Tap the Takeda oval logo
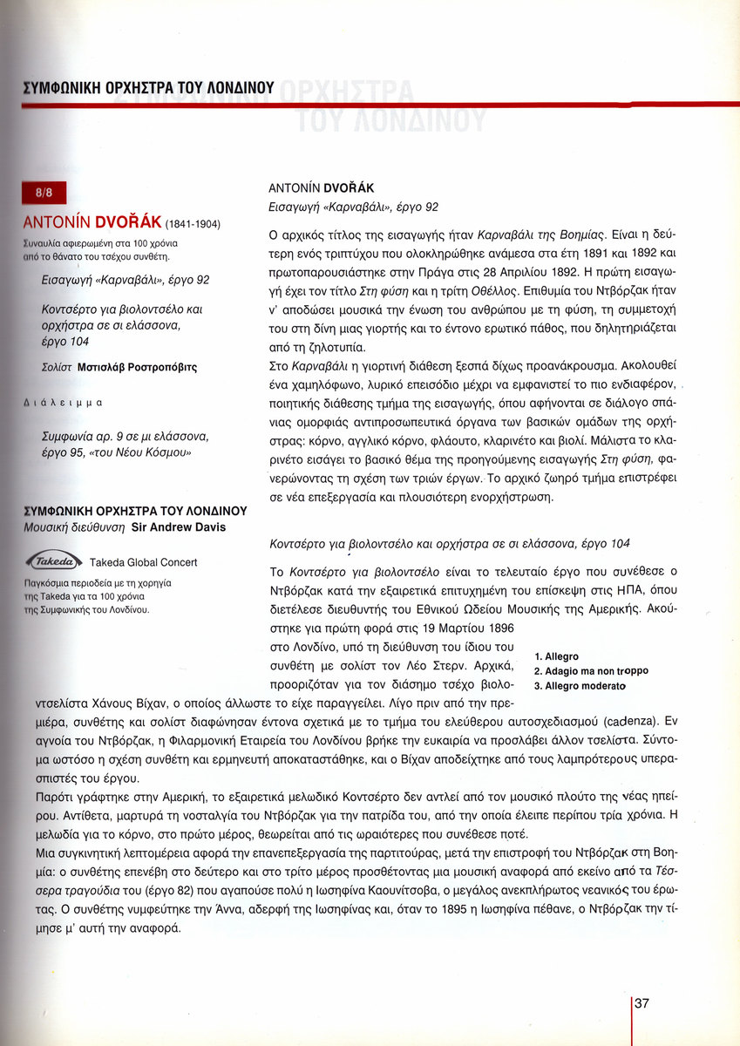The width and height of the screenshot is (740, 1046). click(x=54, y=560)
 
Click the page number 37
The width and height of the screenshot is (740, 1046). click(x=642, y=1003)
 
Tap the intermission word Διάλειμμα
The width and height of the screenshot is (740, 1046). click(x=62, y=404)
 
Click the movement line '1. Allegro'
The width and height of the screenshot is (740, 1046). click(x=556, y=656)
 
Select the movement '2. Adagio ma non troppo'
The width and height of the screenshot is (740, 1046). click(x=591, y=671)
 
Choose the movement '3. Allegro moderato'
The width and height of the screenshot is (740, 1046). click(x=580, y=686)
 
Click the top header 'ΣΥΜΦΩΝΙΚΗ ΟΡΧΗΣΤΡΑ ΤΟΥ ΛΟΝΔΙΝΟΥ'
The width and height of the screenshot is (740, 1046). click(x=148, y=88)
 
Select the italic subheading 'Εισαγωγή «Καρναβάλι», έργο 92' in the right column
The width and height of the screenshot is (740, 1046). click(x=352, y=207)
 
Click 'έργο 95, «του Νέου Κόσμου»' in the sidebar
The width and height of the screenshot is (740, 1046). click(x=116, y=452)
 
